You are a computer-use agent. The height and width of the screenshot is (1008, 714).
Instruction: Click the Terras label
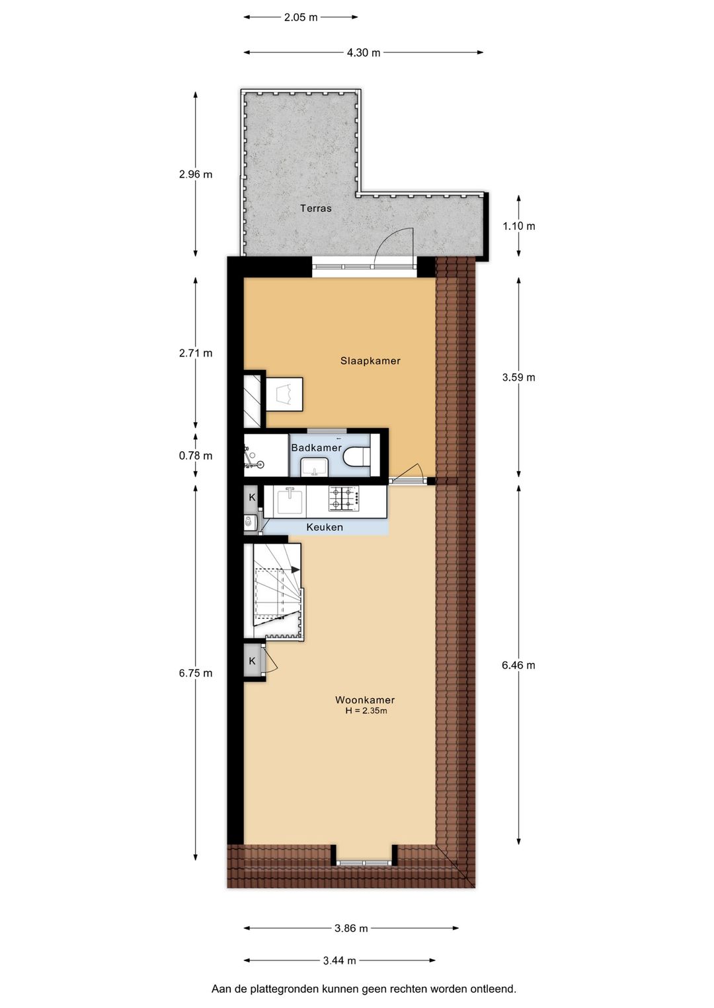(315, 208)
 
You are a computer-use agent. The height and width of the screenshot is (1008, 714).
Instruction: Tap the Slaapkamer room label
(370, 361)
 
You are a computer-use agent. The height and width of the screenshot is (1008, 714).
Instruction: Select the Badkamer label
(316, 448)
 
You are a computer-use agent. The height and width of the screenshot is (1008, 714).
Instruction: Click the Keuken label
(325, 527)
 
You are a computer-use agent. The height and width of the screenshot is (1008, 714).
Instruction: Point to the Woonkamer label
(365, 700)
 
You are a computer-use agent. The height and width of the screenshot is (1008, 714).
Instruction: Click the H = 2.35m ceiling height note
(366, 711)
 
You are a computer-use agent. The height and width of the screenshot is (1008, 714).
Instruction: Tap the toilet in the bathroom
(360, 458)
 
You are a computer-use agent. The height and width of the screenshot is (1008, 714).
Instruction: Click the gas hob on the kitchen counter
(344, 499)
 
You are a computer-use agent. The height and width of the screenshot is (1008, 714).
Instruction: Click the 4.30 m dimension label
(364, 53)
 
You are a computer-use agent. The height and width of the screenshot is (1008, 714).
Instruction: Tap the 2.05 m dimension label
(301, 17)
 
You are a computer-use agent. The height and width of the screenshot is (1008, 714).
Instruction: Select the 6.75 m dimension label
(196, 673)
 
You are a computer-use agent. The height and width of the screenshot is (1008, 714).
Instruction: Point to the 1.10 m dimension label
(519, 226)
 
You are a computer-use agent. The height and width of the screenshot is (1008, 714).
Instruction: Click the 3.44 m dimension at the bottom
(340, 960)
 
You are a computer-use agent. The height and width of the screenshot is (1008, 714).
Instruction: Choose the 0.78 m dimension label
(196, 456)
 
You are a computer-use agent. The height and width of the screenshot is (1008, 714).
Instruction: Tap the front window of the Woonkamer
(364, 862)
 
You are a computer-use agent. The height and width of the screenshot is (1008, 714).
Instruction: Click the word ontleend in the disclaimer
(493, 989)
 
